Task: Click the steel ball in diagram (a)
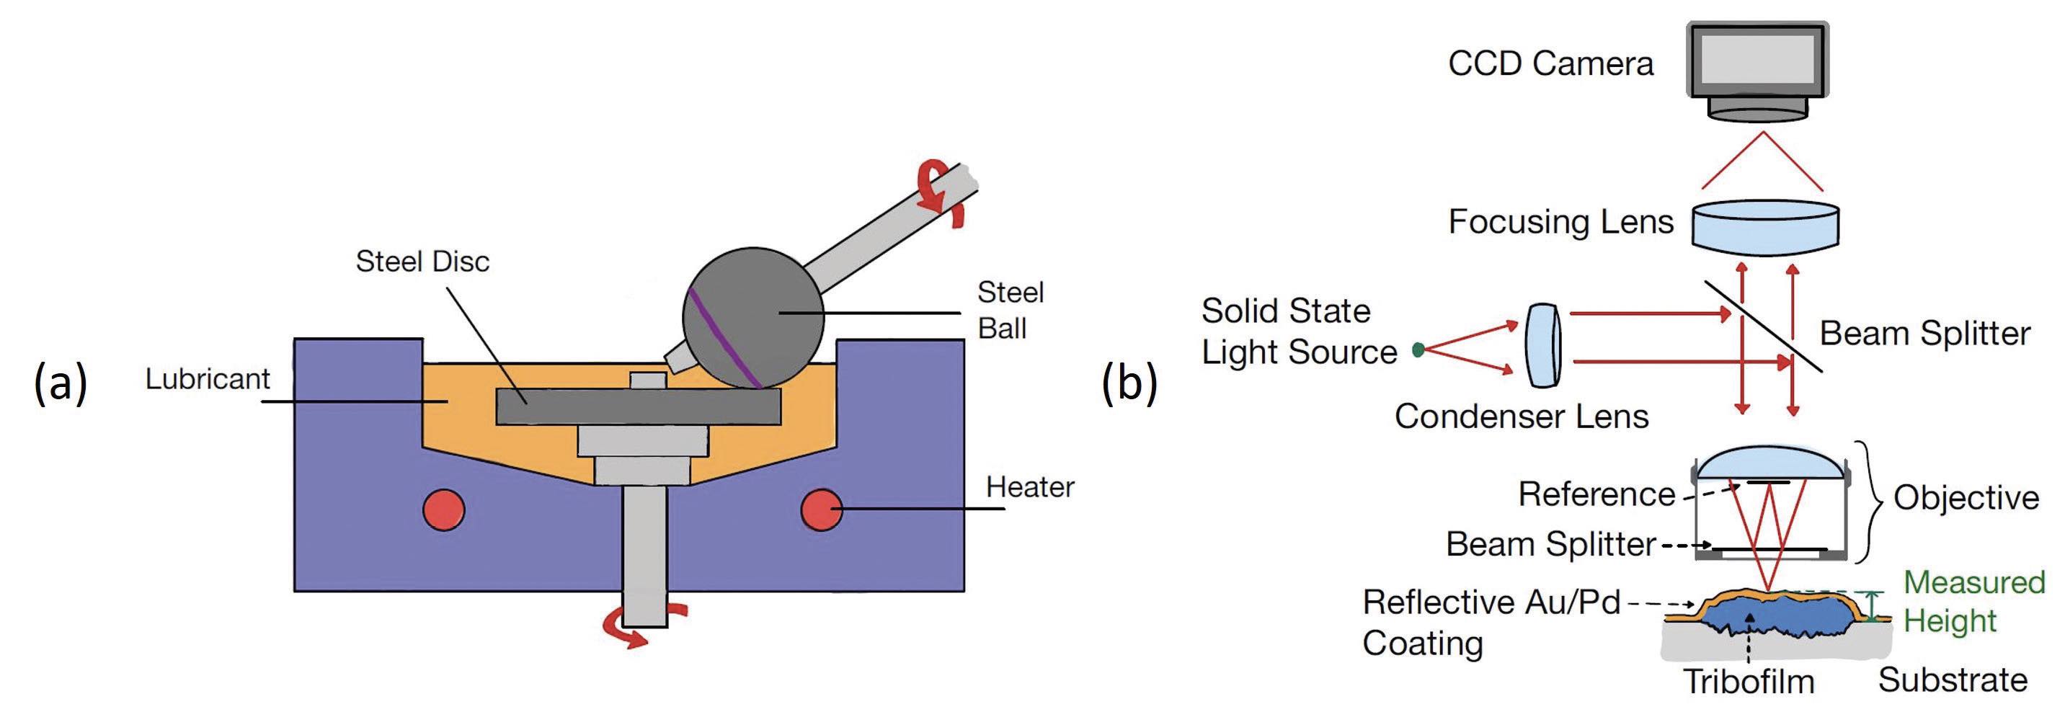click(x=753, y=316)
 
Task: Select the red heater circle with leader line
click(x=821, y=510)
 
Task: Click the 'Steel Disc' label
click(x=422, y=262)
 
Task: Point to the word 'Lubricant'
click(x=208, y=378)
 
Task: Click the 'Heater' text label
click(x=1030, y=486)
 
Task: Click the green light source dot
click(x=1418, y=350)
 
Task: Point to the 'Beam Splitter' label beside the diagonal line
click(x=1924, y=334)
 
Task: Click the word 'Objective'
click(x=1966, y=498)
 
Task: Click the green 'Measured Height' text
click(x=1973, y=601)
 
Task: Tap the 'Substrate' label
click(x=1953, y=680)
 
